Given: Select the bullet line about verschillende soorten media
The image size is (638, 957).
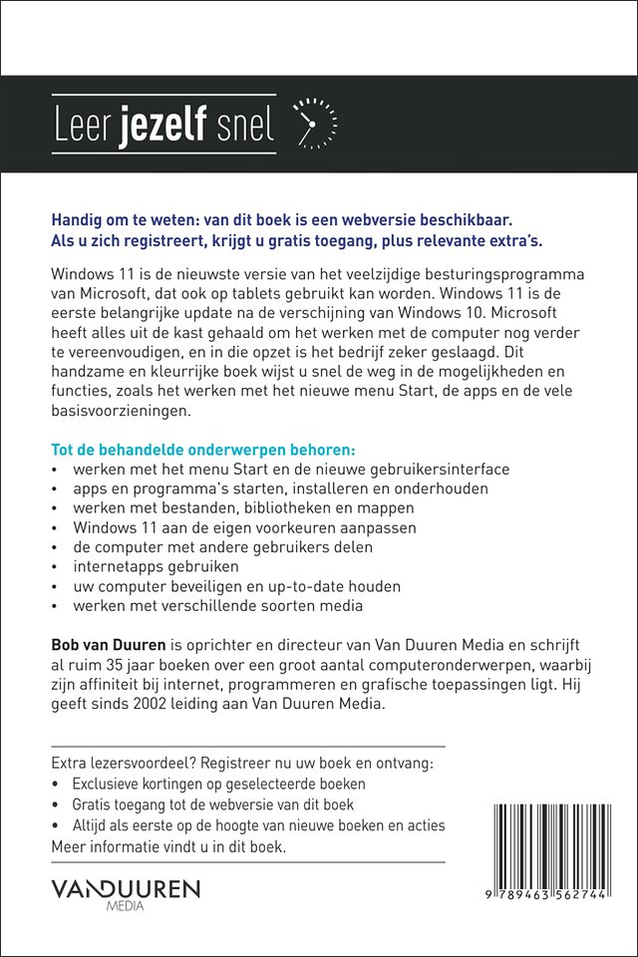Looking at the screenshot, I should pos(217,605).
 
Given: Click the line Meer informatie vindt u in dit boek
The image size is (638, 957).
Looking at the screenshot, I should pos(168,846).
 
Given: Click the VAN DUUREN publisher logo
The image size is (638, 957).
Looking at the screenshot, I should pos(126,887).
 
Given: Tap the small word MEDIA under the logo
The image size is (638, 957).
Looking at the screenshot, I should pos(126,906).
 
